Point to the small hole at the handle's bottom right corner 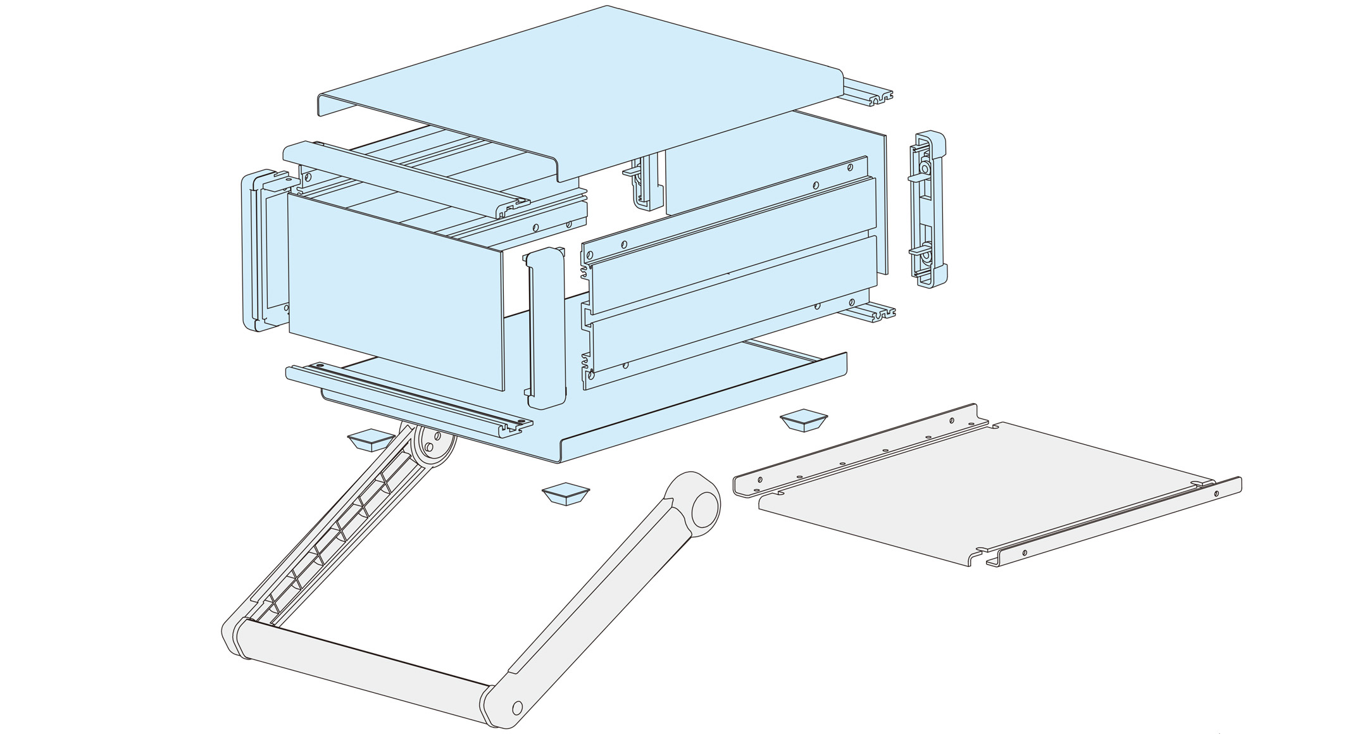tap(517, 706)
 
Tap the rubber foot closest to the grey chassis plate tap(804, 421)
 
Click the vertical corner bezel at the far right tap(929, 209)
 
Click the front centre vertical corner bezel tap(546, 329)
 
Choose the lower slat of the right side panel tap(728, 304)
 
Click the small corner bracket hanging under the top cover tap(642, 183)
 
